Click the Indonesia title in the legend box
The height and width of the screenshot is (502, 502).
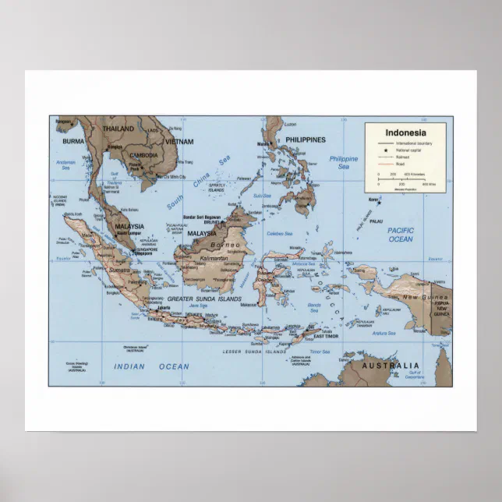(x=405, y=133)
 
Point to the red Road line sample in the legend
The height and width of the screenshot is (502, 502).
(x=386, y=164)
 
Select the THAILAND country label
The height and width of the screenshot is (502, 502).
(x=119, y=129)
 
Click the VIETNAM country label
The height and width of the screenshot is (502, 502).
(x=179, y=142)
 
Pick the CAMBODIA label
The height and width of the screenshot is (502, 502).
(x=143, y=155)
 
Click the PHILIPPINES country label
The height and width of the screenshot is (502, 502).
(x=306, y=140)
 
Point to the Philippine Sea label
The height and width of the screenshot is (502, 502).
(x=343, y=162)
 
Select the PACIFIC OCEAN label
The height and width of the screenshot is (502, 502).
(x=401, y=235)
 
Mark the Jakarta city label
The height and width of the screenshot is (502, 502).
(x=163, y=307)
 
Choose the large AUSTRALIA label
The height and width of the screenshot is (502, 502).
(x=390, y=365)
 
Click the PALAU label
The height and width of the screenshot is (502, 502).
(x=376, y=221)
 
